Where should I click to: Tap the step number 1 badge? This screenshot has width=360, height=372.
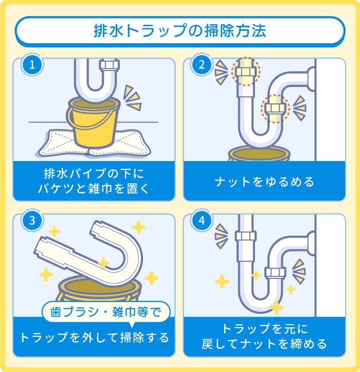(32, 65)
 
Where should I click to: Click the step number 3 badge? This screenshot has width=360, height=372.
(32, 221)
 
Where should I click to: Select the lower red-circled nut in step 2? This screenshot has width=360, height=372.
(276, 109)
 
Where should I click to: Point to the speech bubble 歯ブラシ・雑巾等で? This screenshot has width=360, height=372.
(105, 311)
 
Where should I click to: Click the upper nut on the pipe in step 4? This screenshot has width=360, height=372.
(245, 236)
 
